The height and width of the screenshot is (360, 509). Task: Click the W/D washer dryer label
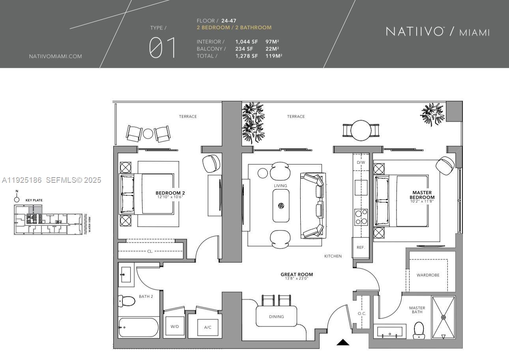(x=175, y=326)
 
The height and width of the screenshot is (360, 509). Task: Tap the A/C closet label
(x=208, y=327)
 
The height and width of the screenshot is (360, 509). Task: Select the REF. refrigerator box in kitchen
(x=361, y=247)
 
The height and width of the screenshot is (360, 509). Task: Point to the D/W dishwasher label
(x=361, y=162)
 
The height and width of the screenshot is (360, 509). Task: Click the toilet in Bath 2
(x=127, y=301)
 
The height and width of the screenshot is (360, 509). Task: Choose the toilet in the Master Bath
(x=419, y=330)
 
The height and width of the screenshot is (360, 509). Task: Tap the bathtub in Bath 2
(x=138, y=328)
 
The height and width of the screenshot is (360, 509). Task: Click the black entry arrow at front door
(x=343, y=342)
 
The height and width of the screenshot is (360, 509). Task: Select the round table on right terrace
(x=361, y=130)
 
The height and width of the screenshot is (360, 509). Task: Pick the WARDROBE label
(x=428, y=275)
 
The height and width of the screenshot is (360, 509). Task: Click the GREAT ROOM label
(x=297, y=274)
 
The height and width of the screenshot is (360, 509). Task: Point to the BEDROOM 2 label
(x=170, y=193)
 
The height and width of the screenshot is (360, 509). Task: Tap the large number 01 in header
(x=163, y=48)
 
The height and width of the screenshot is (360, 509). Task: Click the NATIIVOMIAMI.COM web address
(x=56, y=56)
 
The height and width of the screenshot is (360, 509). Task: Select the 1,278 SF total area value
(x=247, y=56)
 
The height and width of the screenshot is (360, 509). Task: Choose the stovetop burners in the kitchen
(x=361, y=217)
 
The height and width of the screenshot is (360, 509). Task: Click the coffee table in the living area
(x=281, y=206)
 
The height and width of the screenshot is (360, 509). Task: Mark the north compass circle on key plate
(x=17, y=199)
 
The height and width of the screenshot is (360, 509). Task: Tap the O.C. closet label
(x=362, y=313)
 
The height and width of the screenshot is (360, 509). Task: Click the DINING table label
(x=276, y=317)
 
